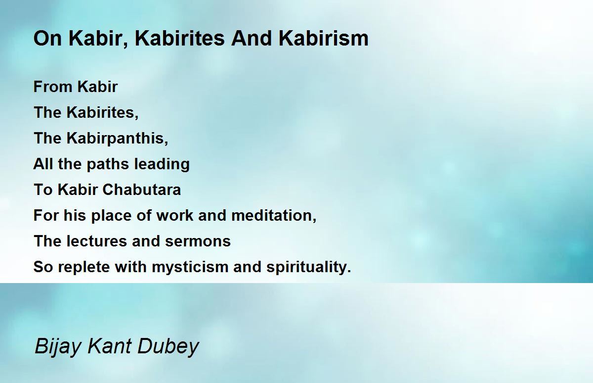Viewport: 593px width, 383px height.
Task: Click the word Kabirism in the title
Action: (323, 39)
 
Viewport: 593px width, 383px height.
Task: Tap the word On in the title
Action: (47, 39)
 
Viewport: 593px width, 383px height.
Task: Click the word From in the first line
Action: (53, 87)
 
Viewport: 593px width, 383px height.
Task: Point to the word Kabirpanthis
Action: (117, 139)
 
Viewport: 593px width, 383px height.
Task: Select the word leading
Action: (162, 164)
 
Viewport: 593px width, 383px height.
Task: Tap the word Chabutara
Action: (142, 190)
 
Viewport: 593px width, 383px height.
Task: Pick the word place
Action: (111, 216)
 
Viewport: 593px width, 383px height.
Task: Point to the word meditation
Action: (274, 215)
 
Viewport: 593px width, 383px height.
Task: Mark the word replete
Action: (84, 267)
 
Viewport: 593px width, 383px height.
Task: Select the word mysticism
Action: (190, 267)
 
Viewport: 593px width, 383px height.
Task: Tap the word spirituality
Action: (309, 267)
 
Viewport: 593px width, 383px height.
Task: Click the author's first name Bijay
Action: (58, 347)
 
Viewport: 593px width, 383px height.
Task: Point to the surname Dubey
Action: (168, 347)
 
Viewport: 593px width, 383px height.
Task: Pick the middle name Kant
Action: (109, 346)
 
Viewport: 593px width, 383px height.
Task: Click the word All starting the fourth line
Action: (43, 164)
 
